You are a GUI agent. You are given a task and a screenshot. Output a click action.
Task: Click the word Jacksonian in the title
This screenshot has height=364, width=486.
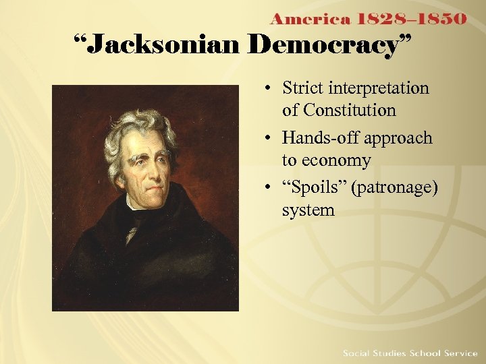click(x=164, y=46)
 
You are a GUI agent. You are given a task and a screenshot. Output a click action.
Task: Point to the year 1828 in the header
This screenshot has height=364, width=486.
click(x=377, y=18)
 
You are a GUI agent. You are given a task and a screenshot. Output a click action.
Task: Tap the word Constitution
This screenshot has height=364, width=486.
click(x=339, y=110)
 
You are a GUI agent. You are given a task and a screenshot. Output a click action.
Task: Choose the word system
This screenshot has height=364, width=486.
click(x=308, y=210)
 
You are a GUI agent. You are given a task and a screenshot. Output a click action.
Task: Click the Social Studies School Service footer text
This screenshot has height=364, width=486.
click(x=410, y=353)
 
